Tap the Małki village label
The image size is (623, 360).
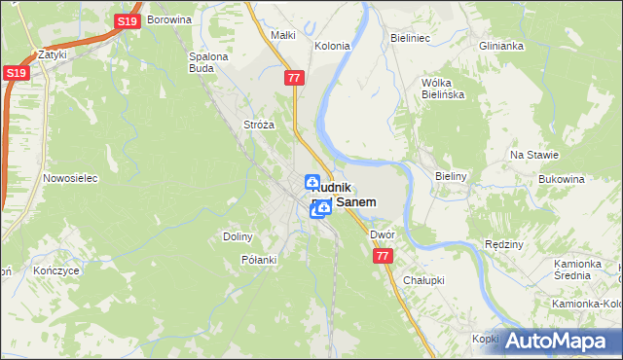[x=282, y=36]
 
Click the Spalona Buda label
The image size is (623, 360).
[x=208, y=62]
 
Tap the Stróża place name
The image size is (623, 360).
[x=259, y=126]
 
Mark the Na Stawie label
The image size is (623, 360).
[x=533, y=156]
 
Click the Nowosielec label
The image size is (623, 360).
[x=67, y=179]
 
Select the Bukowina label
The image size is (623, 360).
[x=560, y=180]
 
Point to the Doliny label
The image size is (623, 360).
[x=238, y=236]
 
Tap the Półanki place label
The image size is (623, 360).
[x=259, y=260]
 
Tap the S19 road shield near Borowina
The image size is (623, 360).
[x=126, y=21]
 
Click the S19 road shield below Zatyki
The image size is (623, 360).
[x=15, y=73]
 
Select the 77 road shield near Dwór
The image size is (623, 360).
[x=382, y=256]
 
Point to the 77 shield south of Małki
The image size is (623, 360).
[x=296, y=76]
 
